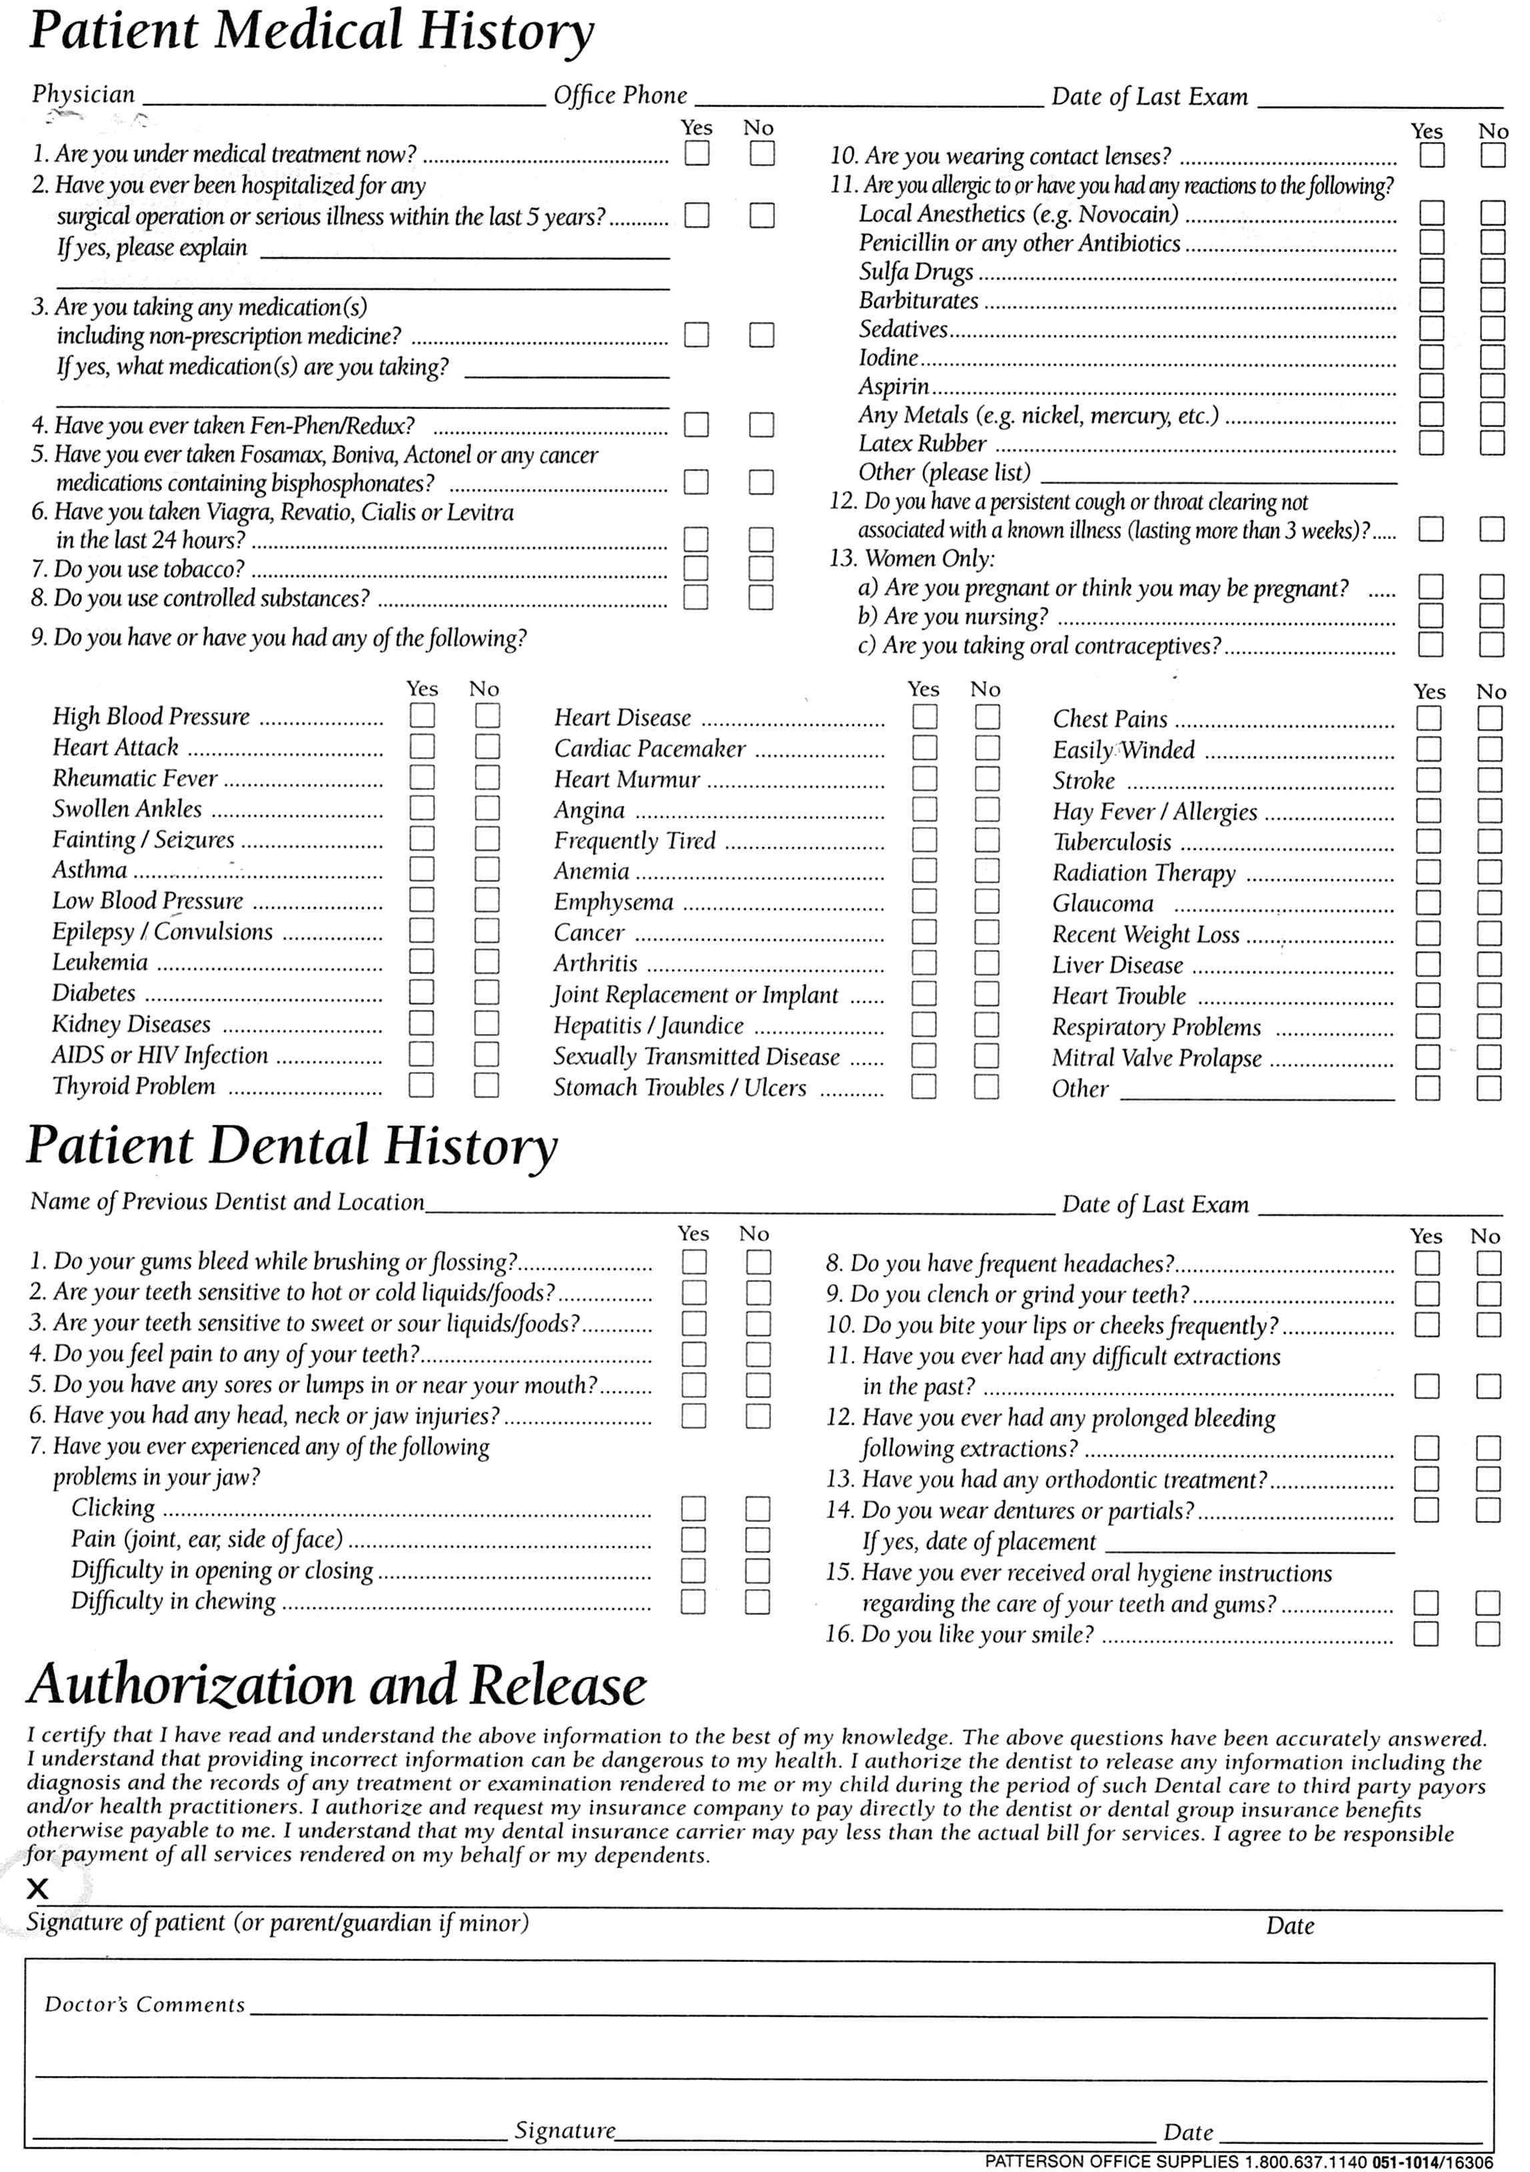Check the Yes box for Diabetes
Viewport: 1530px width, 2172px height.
coord(422,993)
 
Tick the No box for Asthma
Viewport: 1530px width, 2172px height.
coord(487,869)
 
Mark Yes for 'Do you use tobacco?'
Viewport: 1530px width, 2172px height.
coord(696,568)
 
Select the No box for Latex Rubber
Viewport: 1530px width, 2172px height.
coord(1492,443)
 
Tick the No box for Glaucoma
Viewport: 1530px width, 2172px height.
coord(1489,903)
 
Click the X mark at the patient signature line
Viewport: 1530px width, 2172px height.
coord(38,1889)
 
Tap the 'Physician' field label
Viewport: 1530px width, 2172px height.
coord(83,95)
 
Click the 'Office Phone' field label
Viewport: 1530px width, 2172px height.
coord(620,95)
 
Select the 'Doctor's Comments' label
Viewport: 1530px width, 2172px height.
coord(145,2005)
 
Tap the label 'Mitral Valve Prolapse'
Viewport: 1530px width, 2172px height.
coord(1157,1059)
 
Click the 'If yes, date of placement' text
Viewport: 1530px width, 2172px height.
coord(978,1542)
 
